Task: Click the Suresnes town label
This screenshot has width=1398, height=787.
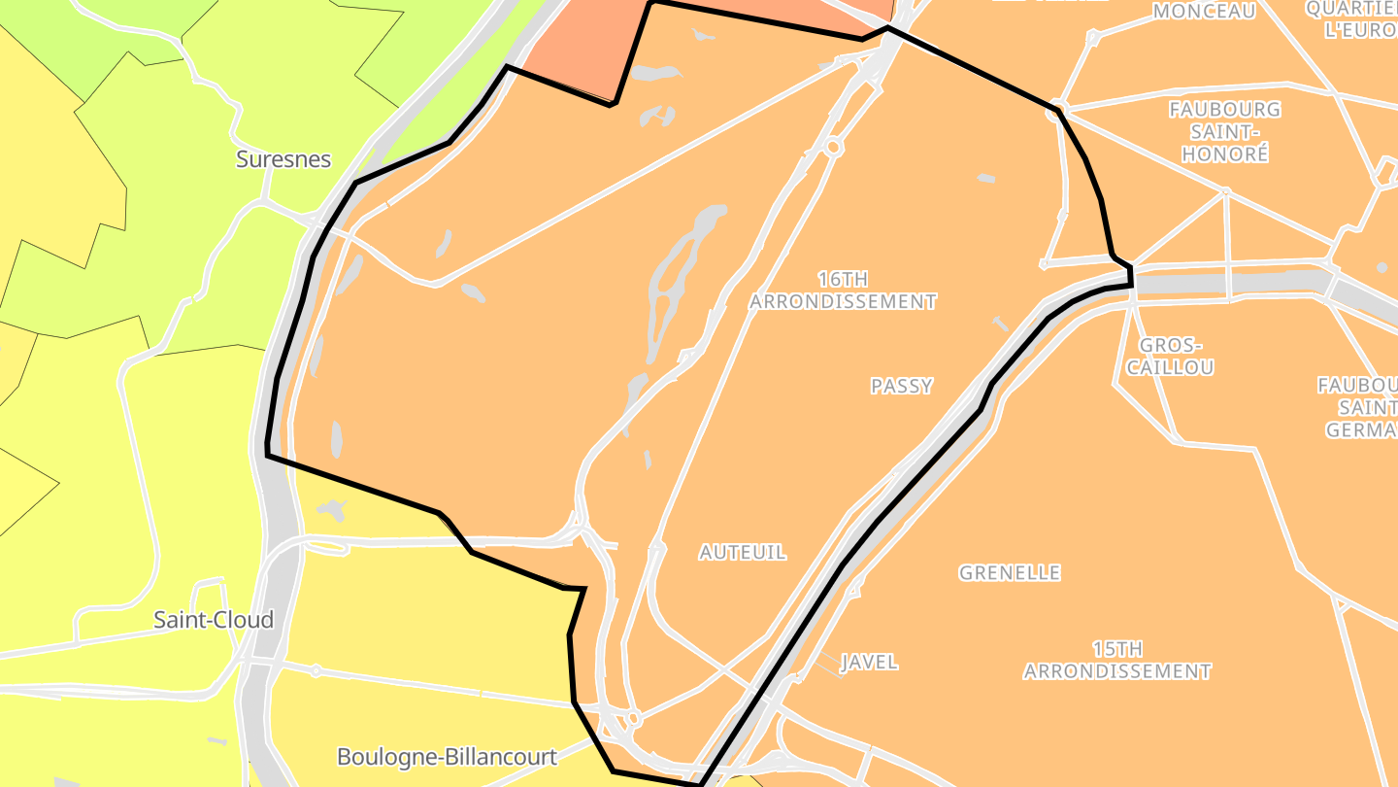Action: pos(283,159)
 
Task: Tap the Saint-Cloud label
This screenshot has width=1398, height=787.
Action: pos(214,620)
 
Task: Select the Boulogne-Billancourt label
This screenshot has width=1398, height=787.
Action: pos(447,756)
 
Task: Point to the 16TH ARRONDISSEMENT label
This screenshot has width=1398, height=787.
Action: pos(843,291)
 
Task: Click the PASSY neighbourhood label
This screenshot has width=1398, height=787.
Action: pos(901,386)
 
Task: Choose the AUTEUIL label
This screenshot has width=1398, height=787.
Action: pos(743,552)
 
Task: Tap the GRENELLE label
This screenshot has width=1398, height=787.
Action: pos(1010,573)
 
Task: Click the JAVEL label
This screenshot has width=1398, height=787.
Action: pos(869,663)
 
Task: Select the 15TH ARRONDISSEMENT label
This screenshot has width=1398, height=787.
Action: pos(1116,660)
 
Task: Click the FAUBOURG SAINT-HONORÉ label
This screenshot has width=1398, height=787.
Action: pos(1224,131)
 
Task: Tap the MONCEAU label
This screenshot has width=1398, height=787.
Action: pos(1204,12)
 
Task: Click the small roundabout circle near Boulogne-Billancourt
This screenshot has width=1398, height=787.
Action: pos(633,720)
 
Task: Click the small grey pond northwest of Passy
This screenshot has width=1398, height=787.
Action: pos(985,179)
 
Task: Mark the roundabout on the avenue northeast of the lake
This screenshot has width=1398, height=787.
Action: pos(832,147)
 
